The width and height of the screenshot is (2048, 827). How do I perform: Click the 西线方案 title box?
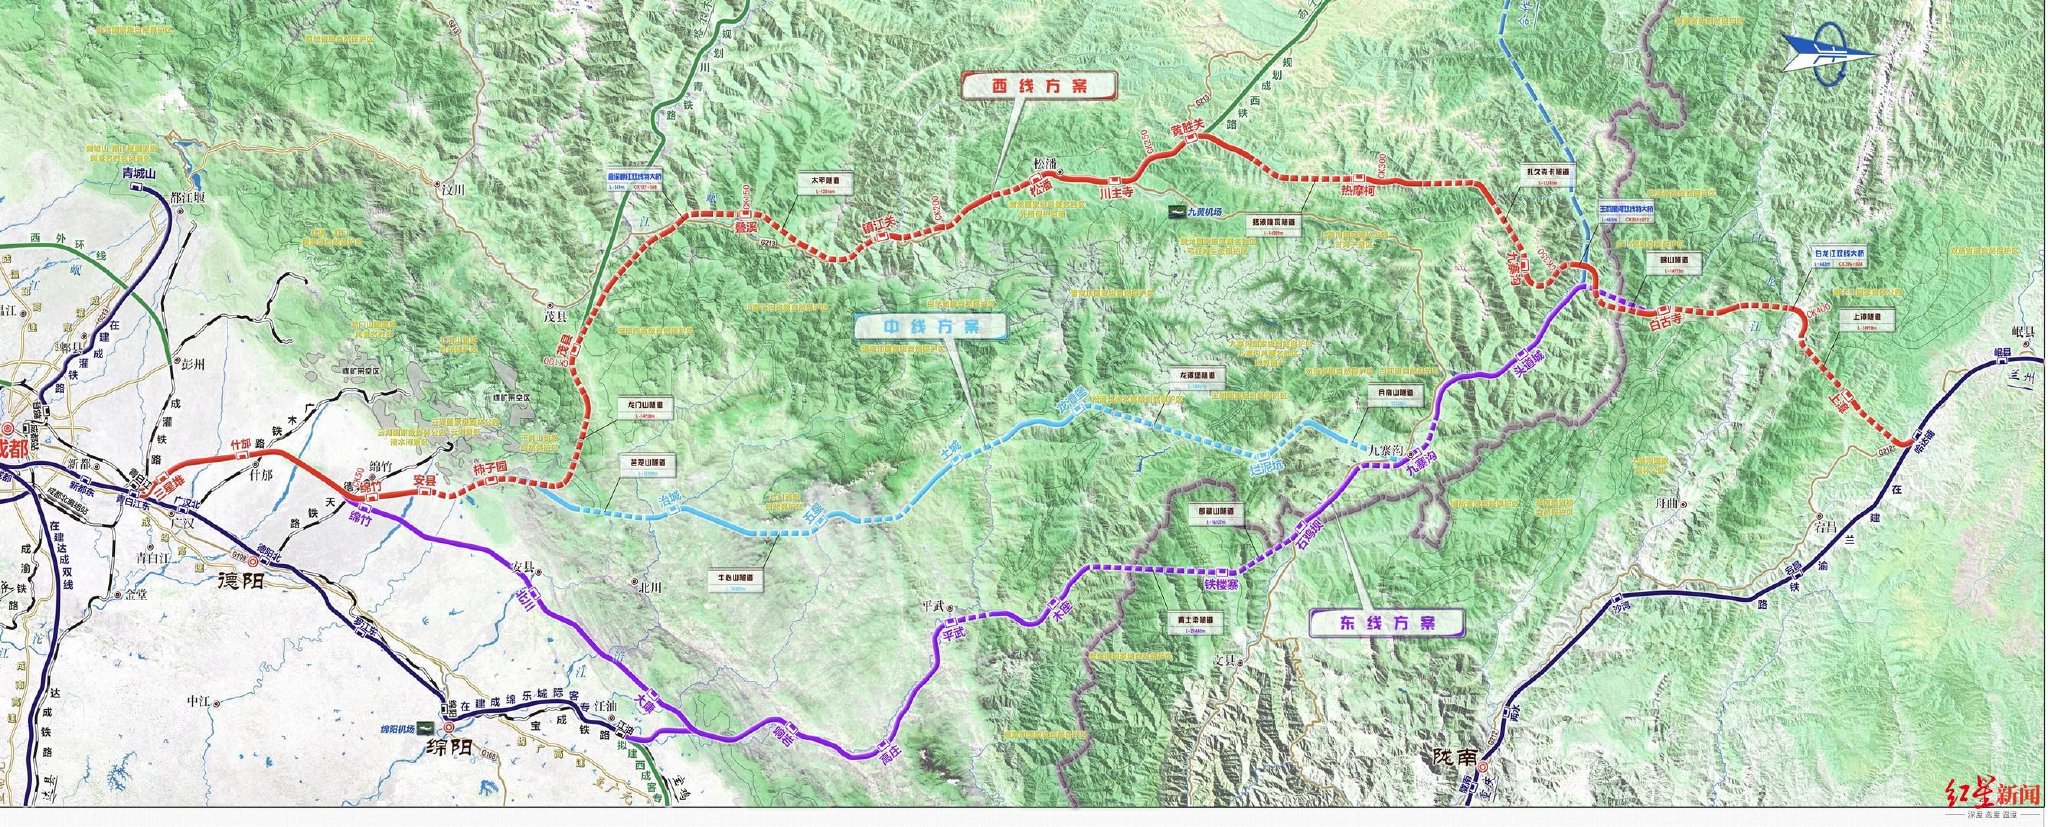[x=1038, y=87]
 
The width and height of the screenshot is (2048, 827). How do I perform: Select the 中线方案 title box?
[x=930, y=327]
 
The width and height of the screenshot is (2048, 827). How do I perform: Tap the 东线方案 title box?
[x=1385, y=622]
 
